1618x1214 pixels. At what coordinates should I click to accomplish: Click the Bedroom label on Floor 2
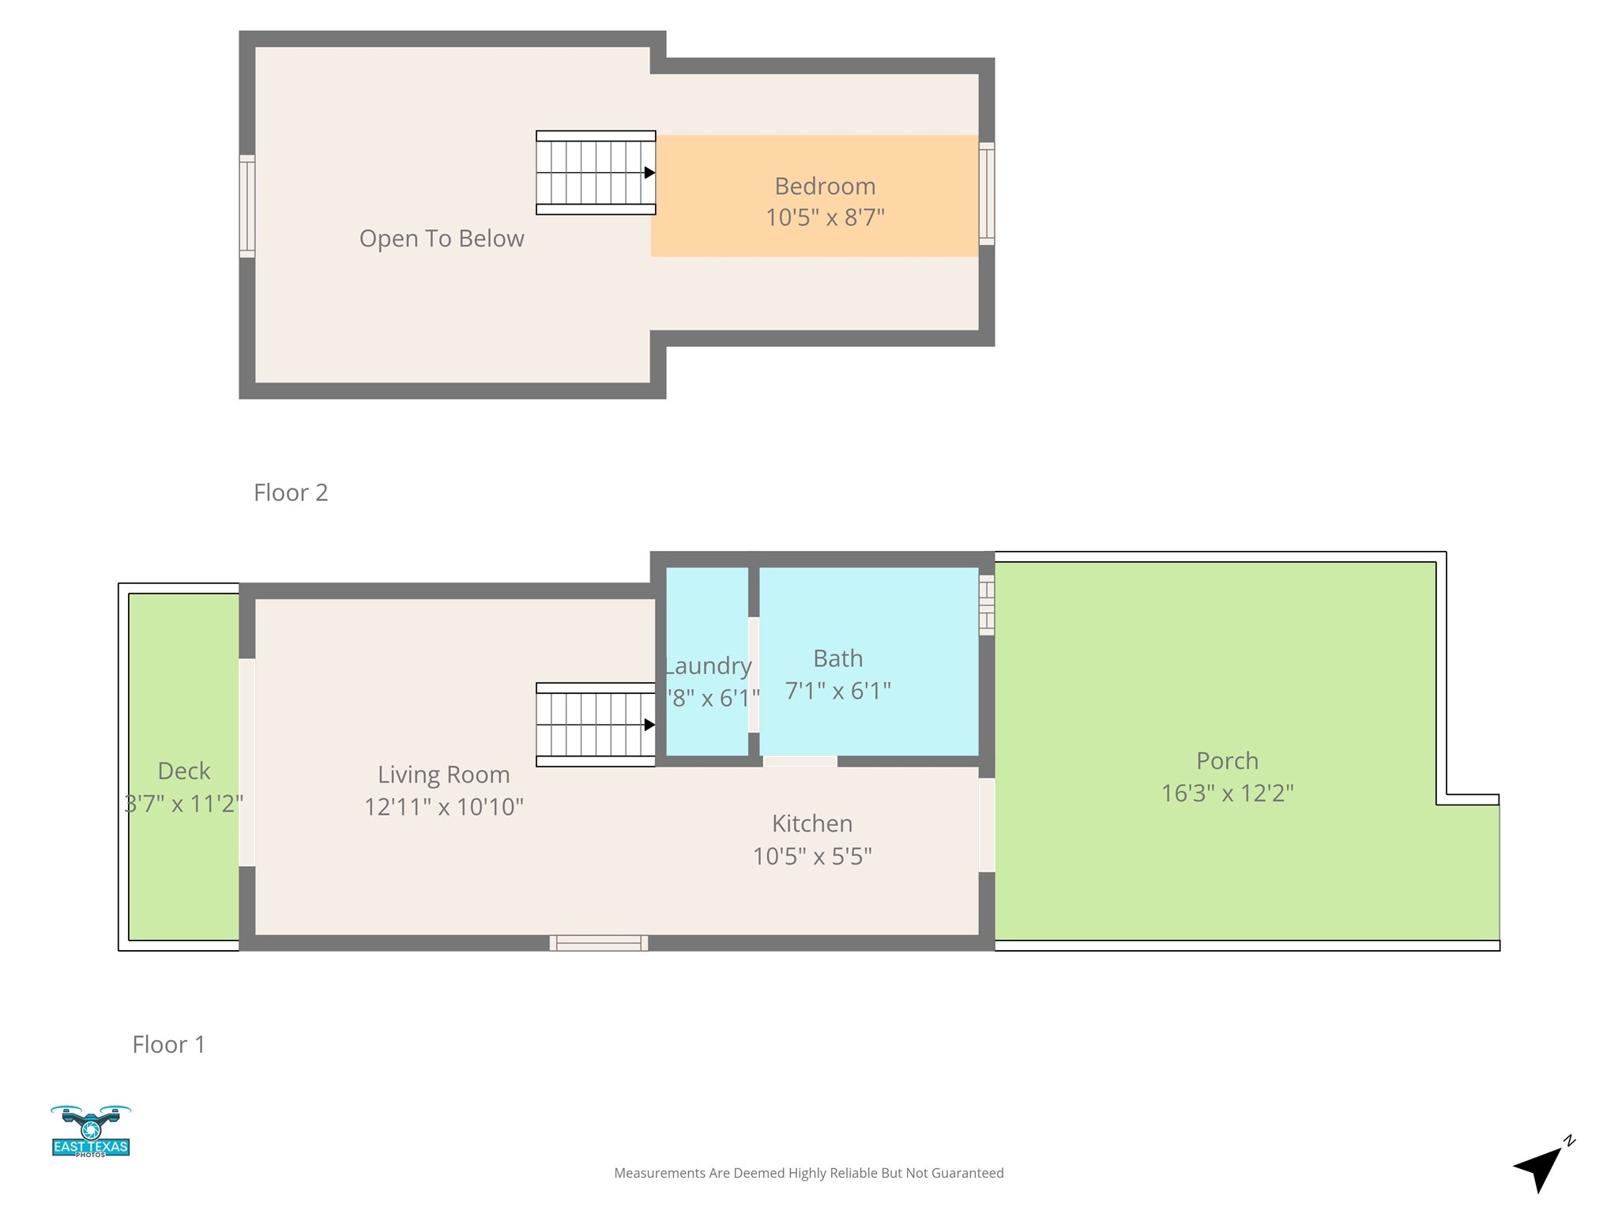pos(825,187)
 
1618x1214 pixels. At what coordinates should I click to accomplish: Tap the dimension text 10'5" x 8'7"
pos(825,217)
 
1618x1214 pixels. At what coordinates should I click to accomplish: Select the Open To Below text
pos(442,239)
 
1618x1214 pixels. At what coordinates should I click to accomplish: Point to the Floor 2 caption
pos(291,492)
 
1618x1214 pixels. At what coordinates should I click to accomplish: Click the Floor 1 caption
pos(168,1044)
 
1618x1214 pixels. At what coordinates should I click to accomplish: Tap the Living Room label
pos(443,775)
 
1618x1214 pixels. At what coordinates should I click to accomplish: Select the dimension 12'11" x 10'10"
pos(443,807)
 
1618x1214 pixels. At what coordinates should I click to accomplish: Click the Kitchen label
pos(812,824)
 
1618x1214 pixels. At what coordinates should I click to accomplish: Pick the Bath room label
pos(837,658)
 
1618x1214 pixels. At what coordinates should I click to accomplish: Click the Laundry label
pos(708,666)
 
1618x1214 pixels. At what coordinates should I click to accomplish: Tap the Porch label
pos(1227,760)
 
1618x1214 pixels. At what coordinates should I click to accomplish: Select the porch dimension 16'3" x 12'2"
pos(1227,793)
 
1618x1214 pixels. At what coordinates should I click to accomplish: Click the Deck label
pos(184,771)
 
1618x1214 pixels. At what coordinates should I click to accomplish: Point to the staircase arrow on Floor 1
pos(649,725)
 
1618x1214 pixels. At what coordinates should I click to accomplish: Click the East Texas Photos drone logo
pos(91,1131)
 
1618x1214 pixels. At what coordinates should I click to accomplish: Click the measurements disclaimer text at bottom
pos(808,1173)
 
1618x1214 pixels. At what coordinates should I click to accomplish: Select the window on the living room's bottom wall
pos(599,942)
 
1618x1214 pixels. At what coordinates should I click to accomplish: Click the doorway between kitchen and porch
pos(987,825)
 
